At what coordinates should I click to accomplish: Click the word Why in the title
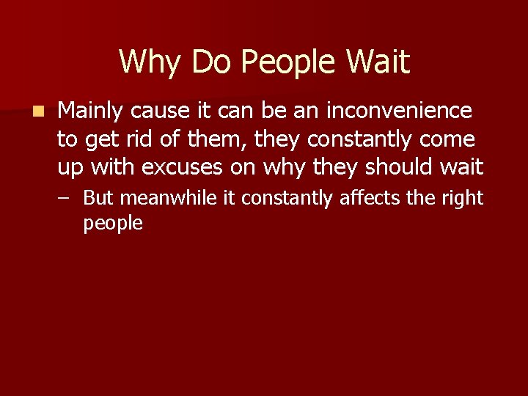[147, 62]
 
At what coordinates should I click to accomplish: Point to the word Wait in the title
[380, 62]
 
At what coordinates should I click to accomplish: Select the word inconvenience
[399, 111]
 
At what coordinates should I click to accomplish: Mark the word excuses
[182, 167]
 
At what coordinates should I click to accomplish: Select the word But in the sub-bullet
[100, 198]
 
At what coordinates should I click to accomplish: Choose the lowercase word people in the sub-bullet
[113, 224]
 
